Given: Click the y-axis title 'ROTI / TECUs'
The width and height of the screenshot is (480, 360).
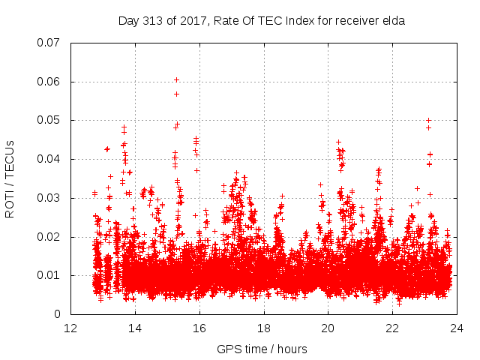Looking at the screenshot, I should coord(10,178).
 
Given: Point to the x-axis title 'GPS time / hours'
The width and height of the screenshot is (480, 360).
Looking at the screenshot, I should coord(262,349).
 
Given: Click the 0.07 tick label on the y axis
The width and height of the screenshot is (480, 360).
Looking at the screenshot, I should coord(52,43).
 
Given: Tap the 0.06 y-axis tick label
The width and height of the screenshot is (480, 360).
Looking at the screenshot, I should coord(52,82).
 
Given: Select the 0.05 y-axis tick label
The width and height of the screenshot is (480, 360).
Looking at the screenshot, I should coord(52,120).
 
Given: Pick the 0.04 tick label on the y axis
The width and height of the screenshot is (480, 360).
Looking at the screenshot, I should coord(52,159).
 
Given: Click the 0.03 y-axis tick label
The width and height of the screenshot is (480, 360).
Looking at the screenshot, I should coord(52,198).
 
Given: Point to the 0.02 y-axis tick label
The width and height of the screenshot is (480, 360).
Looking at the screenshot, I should coord(52,236).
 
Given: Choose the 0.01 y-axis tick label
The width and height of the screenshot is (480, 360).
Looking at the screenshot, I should coord(52,275).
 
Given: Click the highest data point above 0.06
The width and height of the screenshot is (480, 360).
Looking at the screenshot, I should coord(177,79).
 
